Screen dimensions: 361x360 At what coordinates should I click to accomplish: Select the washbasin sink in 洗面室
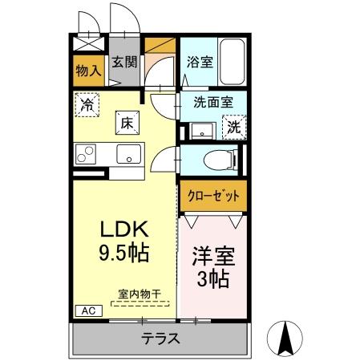tap(199, 129)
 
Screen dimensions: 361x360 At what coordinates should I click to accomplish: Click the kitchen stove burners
tap(86, 153)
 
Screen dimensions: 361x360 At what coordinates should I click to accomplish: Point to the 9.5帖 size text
tap(123, 254)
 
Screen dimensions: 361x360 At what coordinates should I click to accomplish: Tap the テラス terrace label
tap(160, 339)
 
